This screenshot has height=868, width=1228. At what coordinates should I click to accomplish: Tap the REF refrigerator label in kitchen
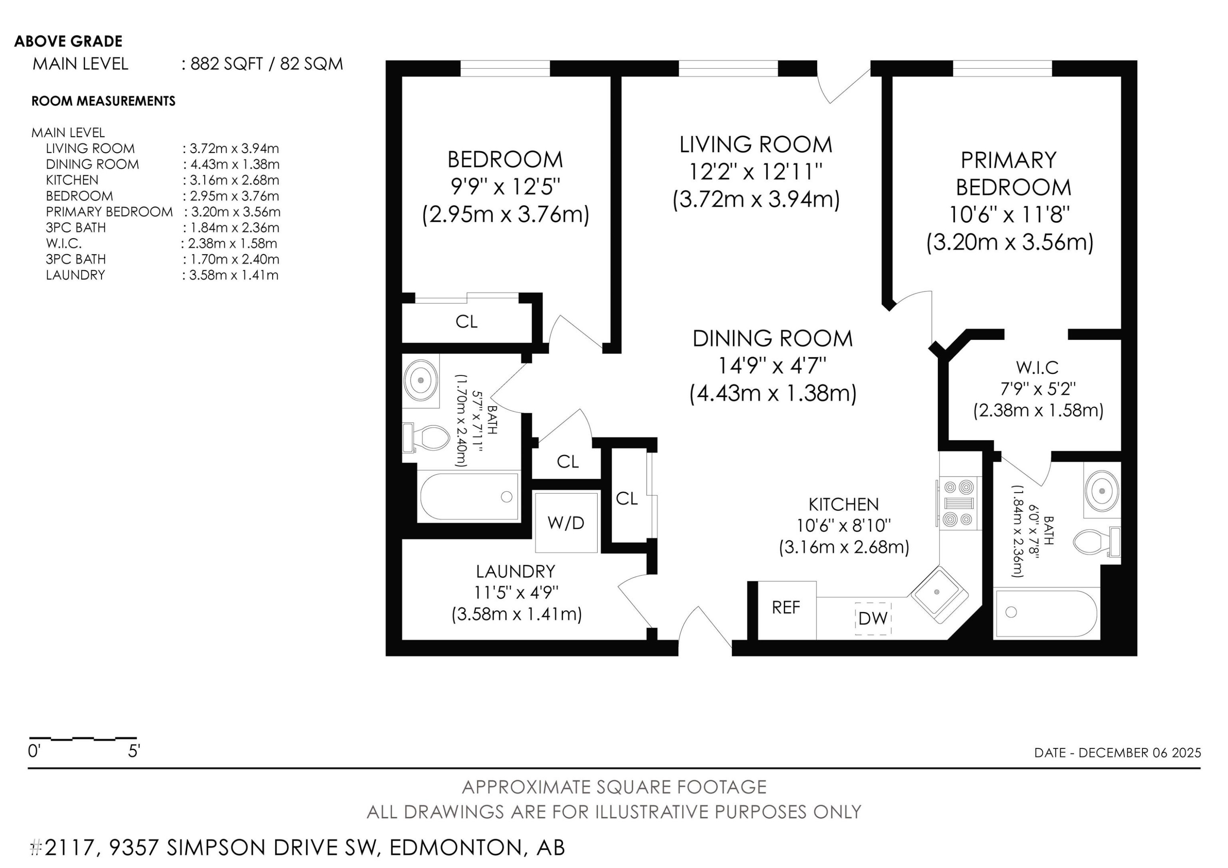[786, 608]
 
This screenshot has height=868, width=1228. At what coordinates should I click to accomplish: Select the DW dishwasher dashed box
[872, 618]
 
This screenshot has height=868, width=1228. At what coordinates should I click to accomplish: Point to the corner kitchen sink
[939, 593]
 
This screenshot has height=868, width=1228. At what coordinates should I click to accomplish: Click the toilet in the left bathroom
[427, 438]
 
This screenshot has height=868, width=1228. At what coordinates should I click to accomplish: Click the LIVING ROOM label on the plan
[755, 145]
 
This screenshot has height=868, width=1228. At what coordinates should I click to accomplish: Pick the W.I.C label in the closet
[1037, 367]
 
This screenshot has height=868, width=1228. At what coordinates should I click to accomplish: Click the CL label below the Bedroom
[466, 321]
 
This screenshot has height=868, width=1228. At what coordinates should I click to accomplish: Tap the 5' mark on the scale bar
[134, 751]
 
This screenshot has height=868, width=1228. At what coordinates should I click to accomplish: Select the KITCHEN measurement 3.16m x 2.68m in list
[234, 180]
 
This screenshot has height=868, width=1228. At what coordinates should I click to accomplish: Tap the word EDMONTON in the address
[455, 848]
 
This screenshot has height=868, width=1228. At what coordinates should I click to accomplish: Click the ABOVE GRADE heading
[68, 41]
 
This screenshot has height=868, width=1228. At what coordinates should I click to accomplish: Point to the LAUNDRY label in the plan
[516, 571]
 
